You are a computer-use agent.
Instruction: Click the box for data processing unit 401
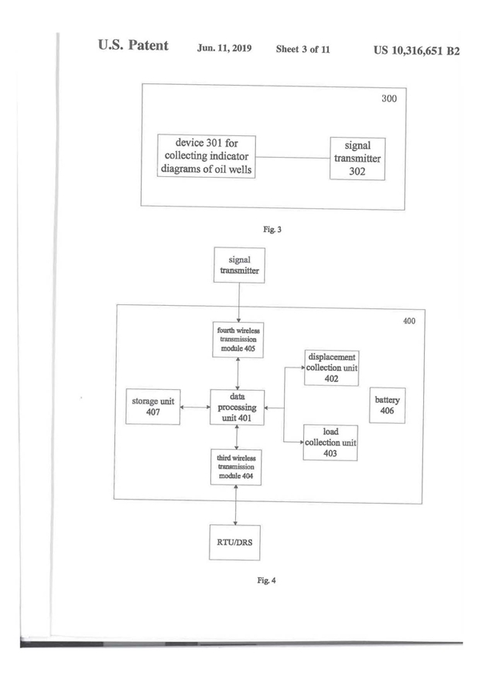(x=238, y=408)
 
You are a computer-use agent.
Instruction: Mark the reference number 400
(x=408, y=320)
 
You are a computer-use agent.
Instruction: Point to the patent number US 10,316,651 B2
(x=416, y=50)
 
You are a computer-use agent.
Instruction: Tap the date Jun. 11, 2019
(x=225, y=49)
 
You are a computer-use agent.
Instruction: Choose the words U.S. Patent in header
(x=134, y=46)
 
